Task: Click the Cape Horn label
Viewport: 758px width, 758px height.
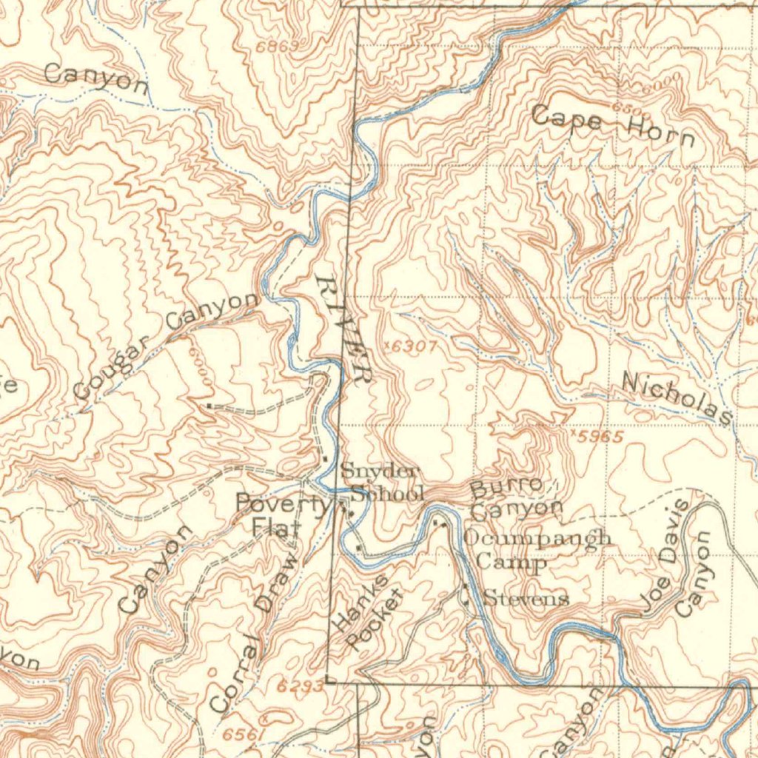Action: (613, 126)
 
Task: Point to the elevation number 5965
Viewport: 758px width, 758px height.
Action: (600, 437)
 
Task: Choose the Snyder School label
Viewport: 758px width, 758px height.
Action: (380, 482)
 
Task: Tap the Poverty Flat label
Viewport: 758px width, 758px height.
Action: (281, 514)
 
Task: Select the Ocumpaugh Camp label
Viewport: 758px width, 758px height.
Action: (536, 549)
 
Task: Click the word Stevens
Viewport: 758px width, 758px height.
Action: (526, 598)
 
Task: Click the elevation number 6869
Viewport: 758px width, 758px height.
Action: (278, 47)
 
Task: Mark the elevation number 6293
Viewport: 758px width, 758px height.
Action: (300, 686)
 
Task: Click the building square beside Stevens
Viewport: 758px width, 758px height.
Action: (465, 587)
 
